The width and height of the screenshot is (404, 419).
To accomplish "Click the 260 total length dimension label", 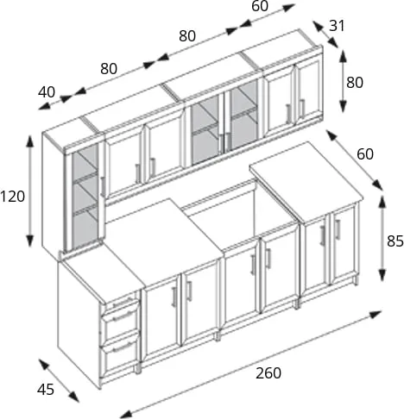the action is point(268,373).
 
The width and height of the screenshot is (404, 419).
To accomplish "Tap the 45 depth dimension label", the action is point(46,390).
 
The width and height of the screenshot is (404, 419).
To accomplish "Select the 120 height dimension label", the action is point(12,197).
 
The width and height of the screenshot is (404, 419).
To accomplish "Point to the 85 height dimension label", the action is point(395,241).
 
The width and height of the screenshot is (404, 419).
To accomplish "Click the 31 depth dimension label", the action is point(337,26).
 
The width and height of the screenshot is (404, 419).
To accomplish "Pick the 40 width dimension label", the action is point(47,92).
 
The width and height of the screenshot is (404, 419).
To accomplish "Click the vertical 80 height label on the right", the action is point(355,83).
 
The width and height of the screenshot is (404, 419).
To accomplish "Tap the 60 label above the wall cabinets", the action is point(260,6).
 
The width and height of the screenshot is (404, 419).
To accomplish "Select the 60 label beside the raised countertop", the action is point(365,154).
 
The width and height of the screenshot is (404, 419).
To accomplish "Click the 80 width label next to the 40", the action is point(109,69).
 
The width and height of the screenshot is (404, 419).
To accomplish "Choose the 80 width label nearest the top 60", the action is point(187,36).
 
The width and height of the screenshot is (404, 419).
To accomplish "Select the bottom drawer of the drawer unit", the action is point(120,356).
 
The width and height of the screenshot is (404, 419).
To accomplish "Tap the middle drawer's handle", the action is point(123,316).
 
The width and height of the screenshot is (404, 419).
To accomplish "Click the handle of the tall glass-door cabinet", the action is point(103,187).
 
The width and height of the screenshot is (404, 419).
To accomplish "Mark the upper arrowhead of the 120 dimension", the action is point(29,141).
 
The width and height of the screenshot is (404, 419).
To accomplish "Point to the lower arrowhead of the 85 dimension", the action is point(382,275).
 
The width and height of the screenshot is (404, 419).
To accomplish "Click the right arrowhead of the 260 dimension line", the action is point(376,314).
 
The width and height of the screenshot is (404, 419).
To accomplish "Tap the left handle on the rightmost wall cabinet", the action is point(288,114).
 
